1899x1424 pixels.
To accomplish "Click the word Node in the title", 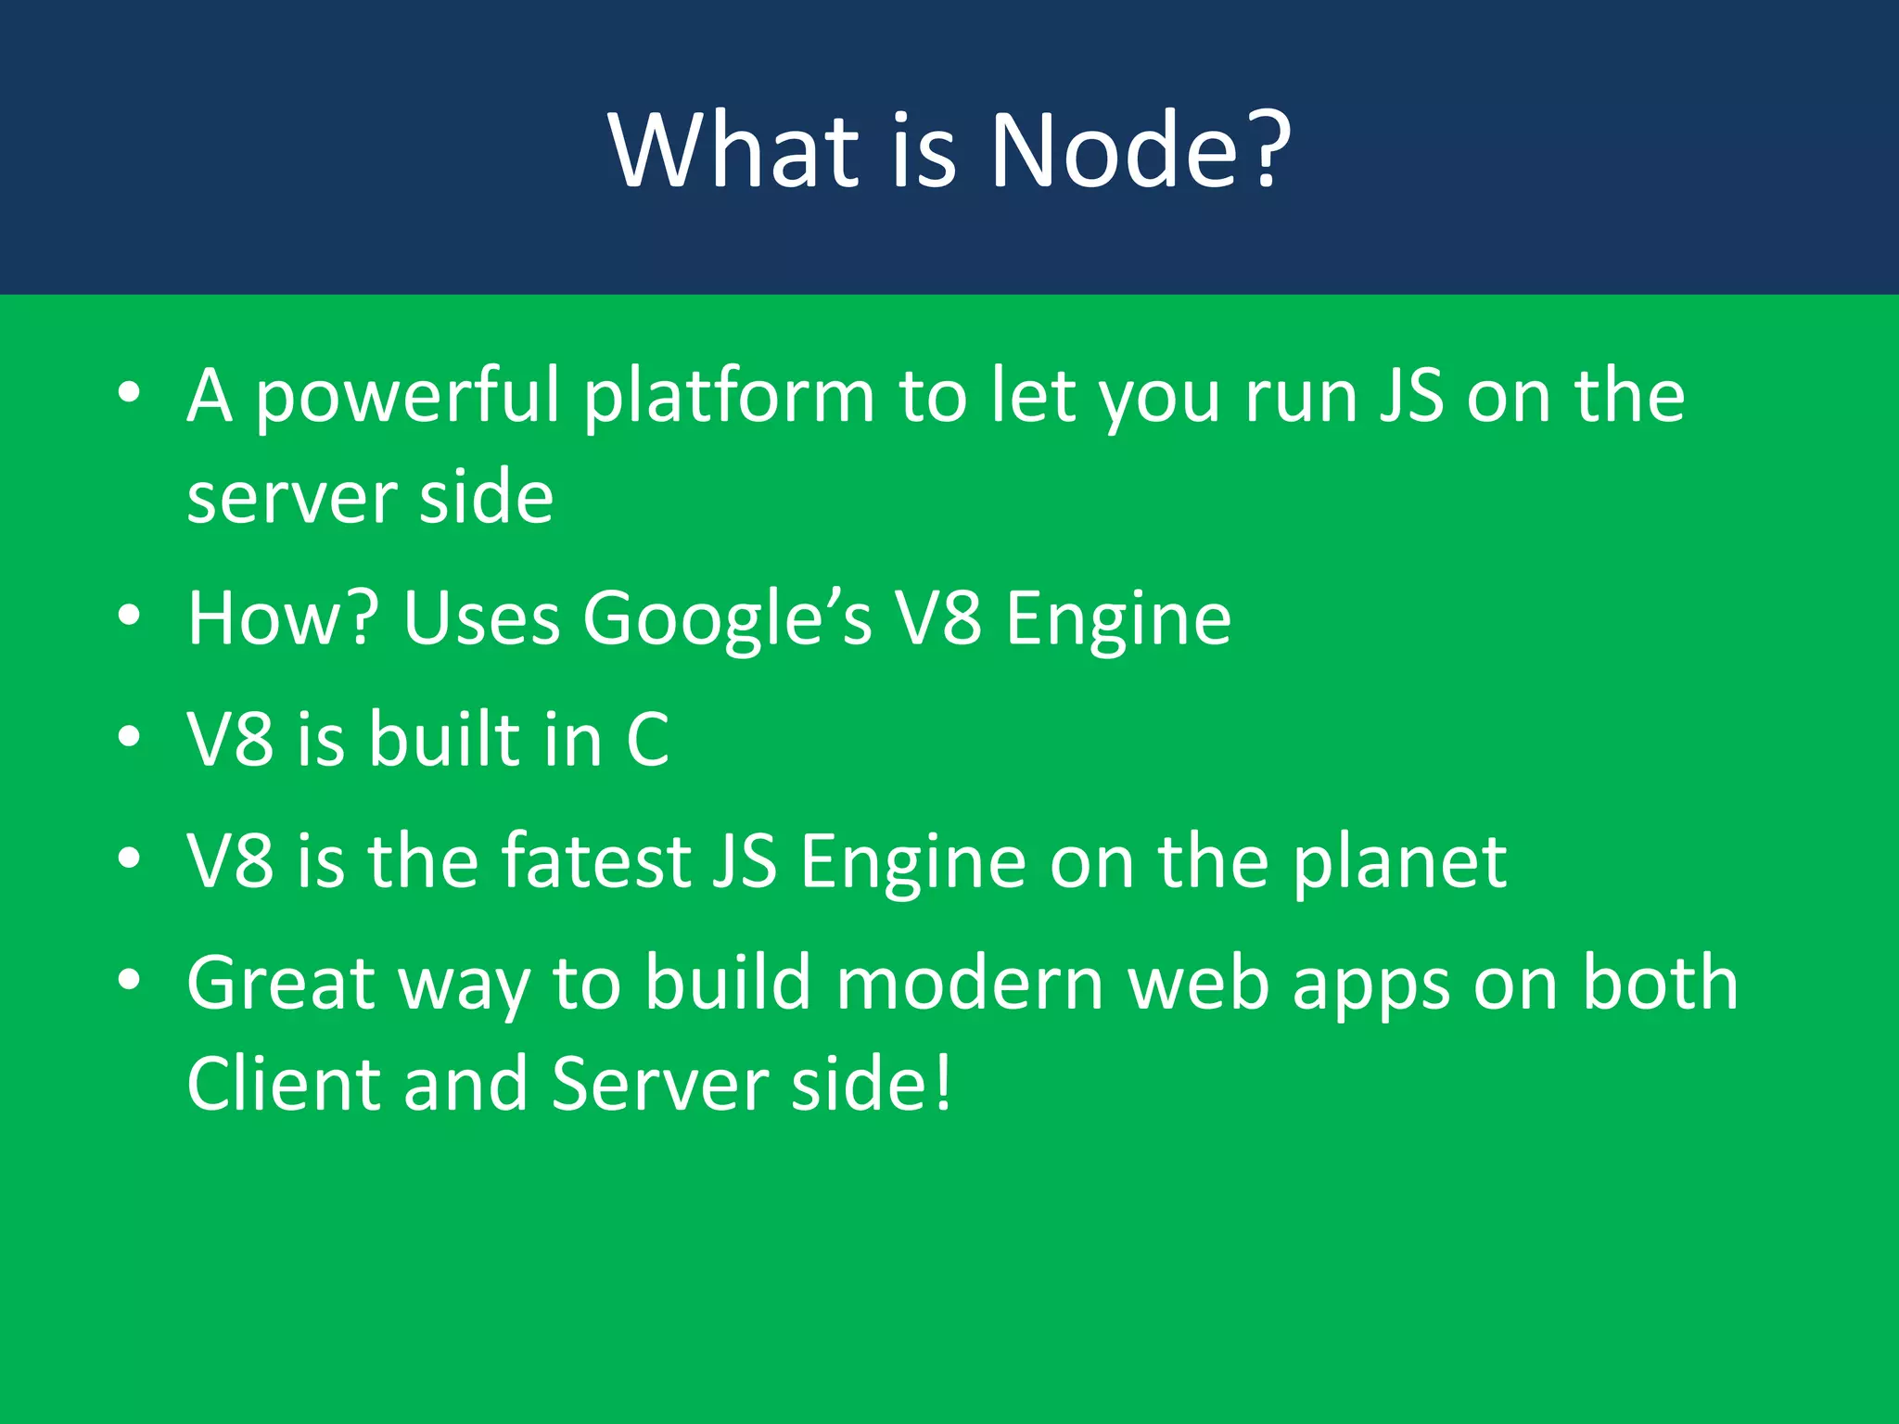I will tap(1113, 150).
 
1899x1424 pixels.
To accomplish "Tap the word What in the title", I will tap(733, 150).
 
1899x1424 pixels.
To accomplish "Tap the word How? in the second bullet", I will tap(283, 617).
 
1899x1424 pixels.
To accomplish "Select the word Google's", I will tap(726, 619).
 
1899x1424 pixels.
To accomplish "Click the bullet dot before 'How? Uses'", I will tap(129, 616).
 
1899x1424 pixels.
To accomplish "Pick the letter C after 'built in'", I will tap(647, 739).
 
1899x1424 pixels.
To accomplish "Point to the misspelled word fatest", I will tap(596, 860).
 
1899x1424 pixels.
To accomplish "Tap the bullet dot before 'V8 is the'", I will tap(129, 858).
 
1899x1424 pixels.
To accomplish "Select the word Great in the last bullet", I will tap(281, 983).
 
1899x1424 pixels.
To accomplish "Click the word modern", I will tap(970, 983).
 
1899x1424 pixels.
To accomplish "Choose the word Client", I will tap(282, 1083).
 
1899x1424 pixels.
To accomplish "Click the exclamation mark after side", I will tap(943, 1083).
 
